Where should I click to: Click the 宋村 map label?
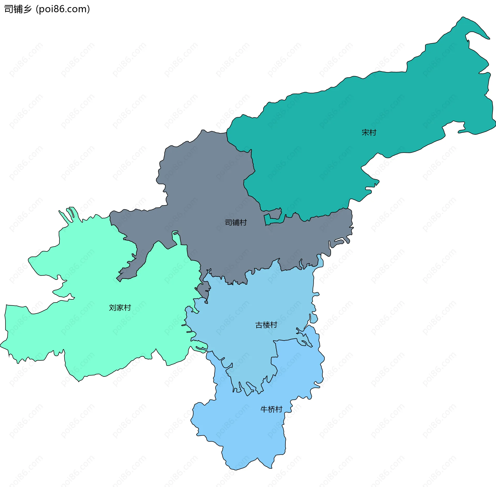coord(369,132)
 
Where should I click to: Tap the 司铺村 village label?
coord(236,222)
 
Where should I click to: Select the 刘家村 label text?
coord(120,307)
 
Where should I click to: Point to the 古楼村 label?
coord(266,325)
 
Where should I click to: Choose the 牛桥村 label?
coord(271,409)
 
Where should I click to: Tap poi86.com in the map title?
coord(63,9)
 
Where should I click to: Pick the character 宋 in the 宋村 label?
coord(365,132)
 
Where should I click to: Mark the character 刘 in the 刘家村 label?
coord(113,307)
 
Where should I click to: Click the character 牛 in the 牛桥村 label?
coord(264,409)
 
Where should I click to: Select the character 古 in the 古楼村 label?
coord(259,325)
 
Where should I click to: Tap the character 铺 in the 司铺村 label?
coord(236,222)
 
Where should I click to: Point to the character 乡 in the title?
coord(27,9)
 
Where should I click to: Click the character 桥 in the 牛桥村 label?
coord(271,409)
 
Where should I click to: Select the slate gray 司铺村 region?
coord(207,181)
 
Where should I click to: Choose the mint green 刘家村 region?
coord(103,336)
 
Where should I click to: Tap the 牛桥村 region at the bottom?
coord(245,434)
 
